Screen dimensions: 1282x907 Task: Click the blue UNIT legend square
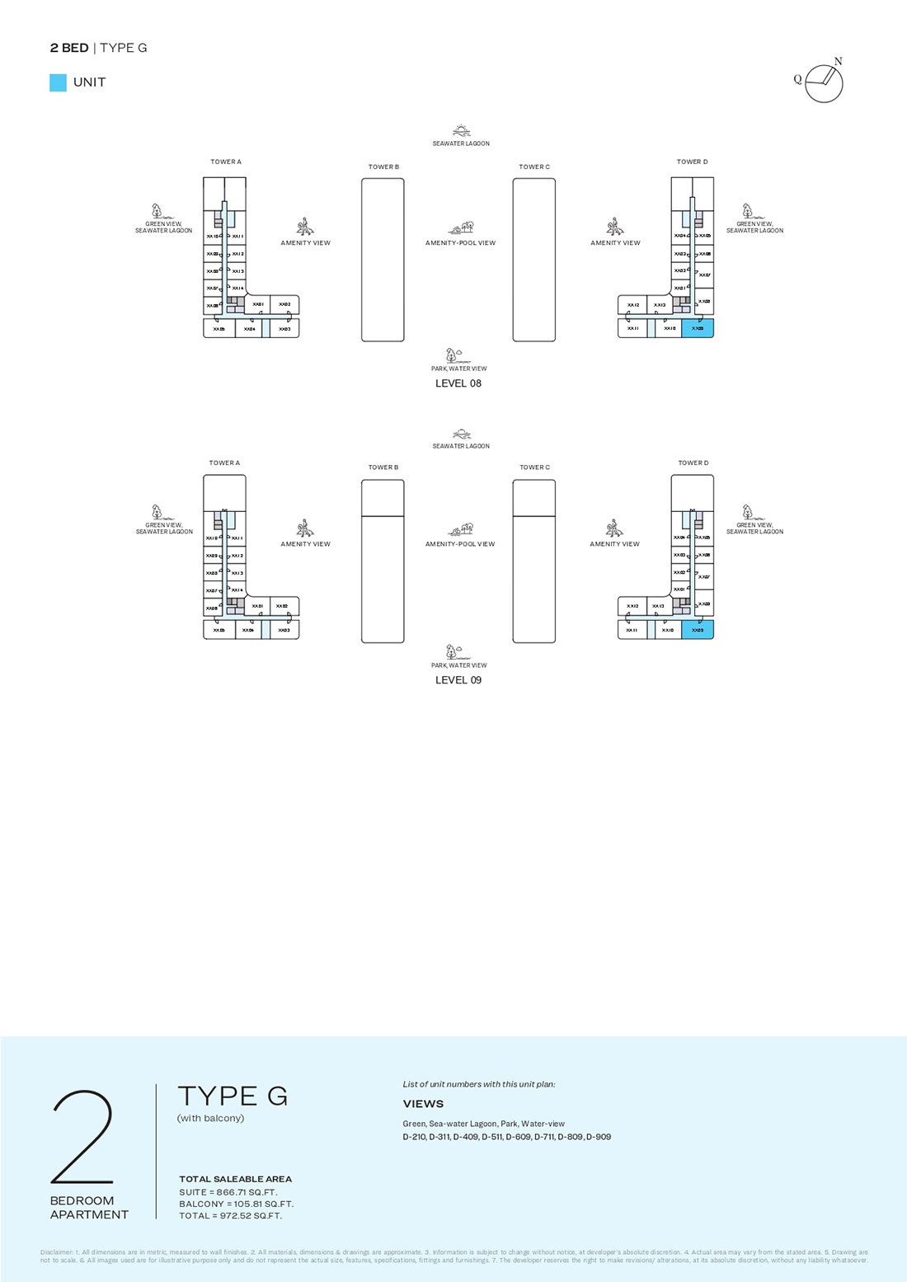(58, 82)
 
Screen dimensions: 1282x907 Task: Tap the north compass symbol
(824, 83)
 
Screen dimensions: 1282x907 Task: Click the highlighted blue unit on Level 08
(698, 328)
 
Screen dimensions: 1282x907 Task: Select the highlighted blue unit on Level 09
(698, 630)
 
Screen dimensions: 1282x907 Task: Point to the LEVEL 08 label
(458, 383)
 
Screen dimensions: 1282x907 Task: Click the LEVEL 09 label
(458, 680)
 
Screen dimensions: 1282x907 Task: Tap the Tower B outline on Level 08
(383, 260)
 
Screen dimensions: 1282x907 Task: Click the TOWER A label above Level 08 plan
(226, 162)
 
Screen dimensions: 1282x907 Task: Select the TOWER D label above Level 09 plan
(693, 463)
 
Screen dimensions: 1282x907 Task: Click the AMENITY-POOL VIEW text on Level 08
(460, 243)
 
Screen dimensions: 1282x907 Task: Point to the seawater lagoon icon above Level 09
(462, 434)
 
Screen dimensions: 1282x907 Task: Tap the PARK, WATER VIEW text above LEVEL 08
(459, 369)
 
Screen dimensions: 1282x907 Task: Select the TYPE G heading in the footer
(233, 1096)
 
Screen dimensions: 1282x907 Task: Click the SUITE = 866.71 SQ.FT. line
(228, 1192)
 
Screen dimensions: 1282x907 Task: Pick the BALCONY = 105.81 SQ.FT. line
(236, 1204)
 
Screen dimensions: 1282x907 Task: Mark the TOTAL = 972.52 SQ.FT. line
(230, 1215)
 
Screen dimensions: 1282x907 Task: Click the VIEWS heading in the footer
(423, 1104)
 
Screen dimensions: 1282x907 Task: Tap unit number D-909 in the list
(599, 1137)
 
